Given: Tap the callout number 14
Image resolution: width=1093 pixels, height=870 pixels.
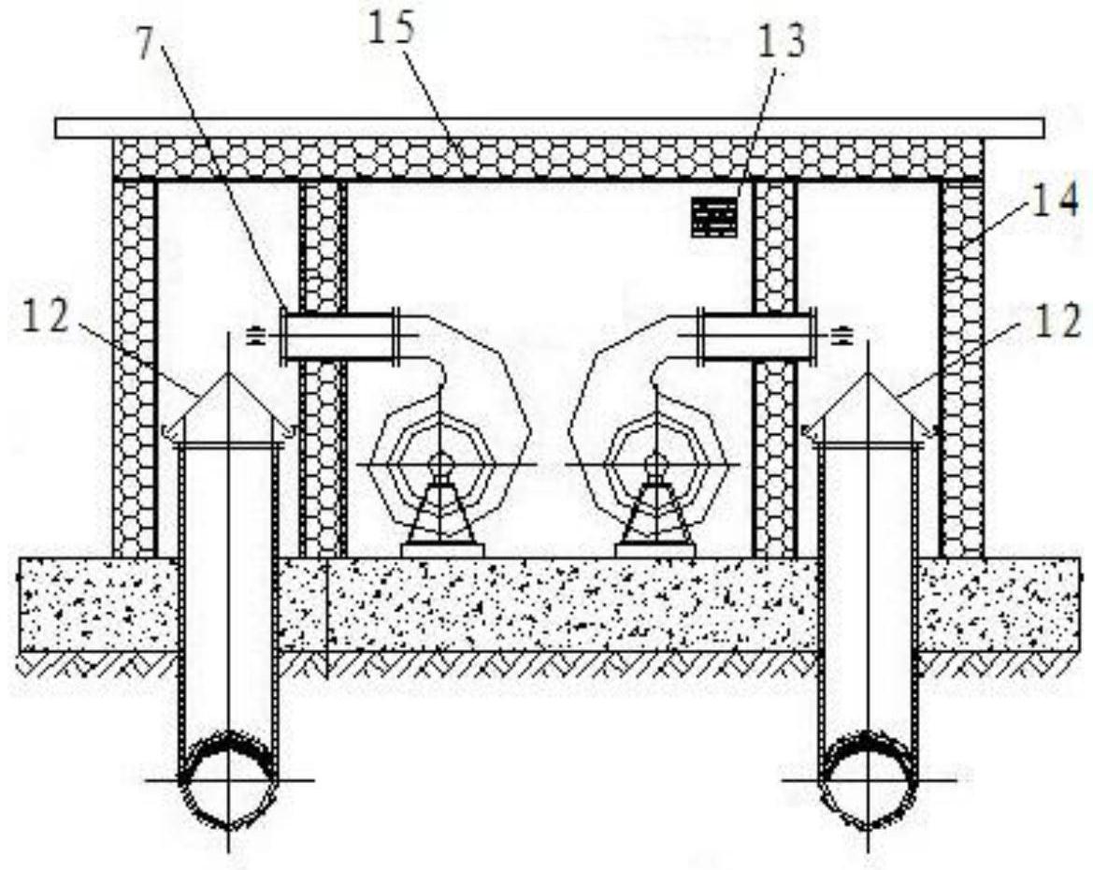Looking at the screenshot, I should tap(1056, 198).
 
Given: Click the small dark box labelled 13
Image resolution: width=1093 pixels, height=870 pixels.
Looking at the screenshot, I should tap(714, 217).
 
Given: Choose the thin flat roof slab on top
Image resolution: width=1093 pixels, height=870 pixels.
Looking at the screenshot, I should tap(550, 128).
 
